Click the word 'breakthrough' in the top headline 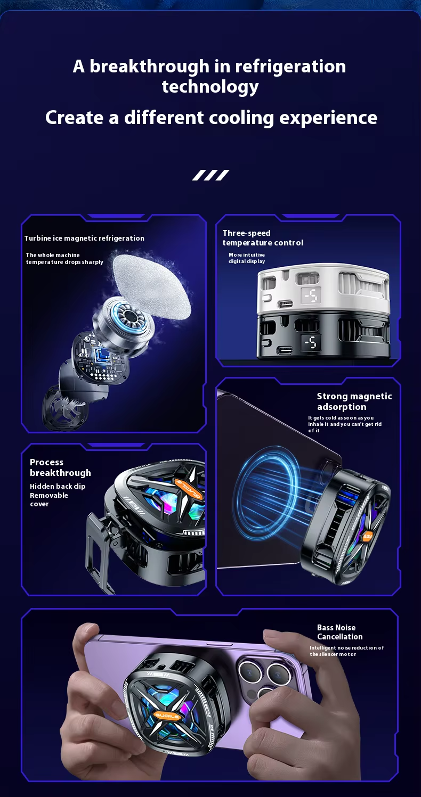pyautogui.click(x=149, y=66)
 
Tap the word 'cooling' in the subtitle pyautogui.click(x=241, y=118)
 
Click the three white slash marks pyautogui.click(x=210, y=175)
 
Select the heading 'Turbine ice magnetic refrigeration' pyautogui.click(x=84, y=239)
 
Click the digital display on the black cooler pyautogui.click(x=310, y=343)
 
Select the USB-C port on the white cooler pyautogui.click(x=285, y=305)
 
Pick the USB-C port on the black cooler pyautogui.click(x=284, y=350)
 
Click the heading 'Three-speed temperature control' pyautogui.click(x=263, y=238)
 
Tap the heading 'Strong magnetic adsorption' pyautogui.click(x=354, y=401)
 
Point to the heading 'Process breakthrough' pyautogui.click(x=60, y=467)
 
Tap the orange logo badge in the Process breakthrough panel pyautogui.click(x=189, y=489)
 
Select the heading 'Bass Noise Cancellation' pyautogui.click(x=340, y=632)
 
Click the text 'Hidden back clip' pyautogui.click(x=58, y=487)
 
